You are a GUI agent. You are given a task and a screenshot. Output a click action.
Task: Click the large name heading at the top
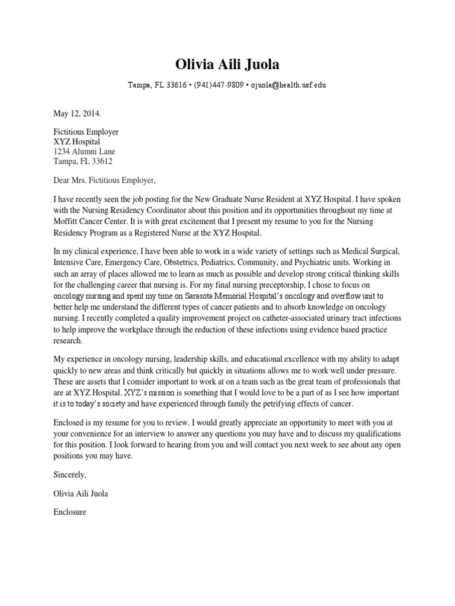tap(227, 64)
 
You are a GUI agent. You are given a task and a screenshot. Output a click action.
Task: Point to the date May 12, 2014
tap(78, 112)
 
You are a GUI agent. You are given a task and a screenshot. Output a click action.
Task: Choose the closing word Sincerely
tap(70, 475)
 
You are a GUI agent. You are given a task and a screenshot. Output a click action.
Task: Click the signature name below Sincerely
tap(81, 494)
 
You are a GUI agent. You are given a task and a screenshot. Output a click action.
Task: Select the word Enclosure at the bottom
tap(70, 512)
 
